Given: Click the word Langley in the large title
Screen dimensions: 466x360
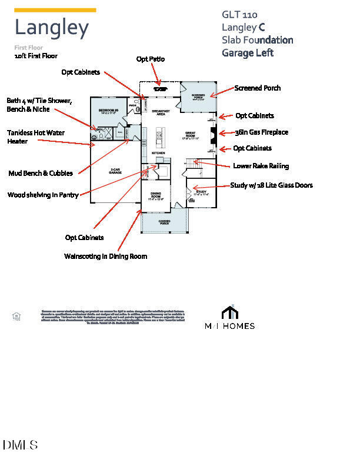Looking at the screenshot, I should [x=51, y=28].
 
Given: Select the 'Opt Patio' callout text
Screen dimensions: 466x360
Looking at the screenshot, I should [x=151, y=59].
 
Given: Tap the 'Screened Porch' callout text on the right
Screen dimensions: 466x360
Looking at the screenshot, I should [x=257, y=88].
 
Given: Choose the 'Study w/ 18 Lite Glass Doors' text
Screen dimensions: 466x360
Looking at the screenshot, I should [x=271, y=185].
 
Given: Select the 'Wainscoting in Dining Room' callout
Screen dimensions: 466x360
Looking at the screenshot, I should [x=105, y=257].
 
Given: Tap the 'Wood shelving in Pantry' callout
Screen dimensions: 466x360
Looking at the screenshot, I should [x=43, y=195].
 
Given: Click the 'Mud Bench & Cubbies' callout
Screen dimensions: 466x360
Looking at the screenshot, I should [x=41, y=173].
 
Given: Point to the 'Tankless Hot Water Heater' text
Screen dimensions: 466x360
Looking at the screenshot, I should [x=36, y=137].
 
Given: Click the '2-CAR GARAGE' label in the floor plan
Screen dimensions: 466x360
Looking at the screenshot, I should [x=116, y=171].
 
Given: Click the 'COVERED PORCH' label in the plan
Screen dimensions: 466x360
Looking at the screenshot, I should [x=165, y=222].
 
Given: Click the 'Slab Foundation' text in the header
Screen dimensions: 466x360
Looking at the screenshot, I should [x=257, y=40].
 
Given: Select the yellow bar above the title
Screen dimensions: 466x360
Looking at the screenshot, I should [x=55, y=10].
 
